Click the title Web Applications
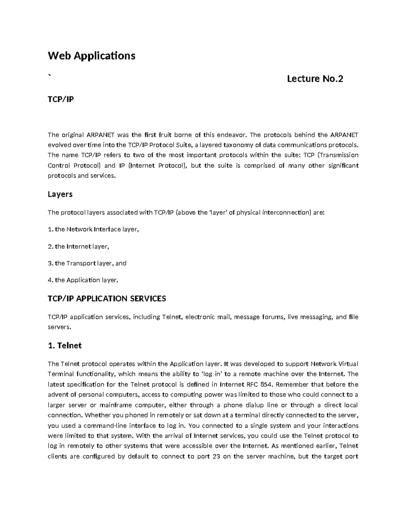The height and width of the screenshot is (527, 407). pyautogui.click(x=91, y=56)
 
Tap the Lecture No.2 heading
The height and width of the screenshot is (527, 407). pyautogui.click(x=315, y=79)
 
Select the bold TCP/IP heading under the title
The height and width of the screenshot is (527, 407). pyautogui.click(x=61, y=99)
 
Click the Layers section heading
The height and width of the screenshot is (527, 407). pyautogui.click(x=60, y=194)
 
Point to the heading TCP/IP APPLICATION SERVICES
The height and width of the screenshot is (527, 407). pyautogui.click(x=107, y=299)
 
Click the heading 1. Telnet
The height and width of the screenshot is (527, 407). pyautogui.click(x=64, y=346)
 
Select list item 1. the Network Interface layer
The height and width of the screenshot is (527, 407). pyautogui.click(x=93, y=229)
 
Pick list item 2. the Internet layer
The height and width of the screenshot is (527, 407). pyautogui.click(x=78, y=246)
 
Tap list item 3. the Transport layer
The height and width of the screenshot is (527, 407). pyautogui.click(x=87, y=263)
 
